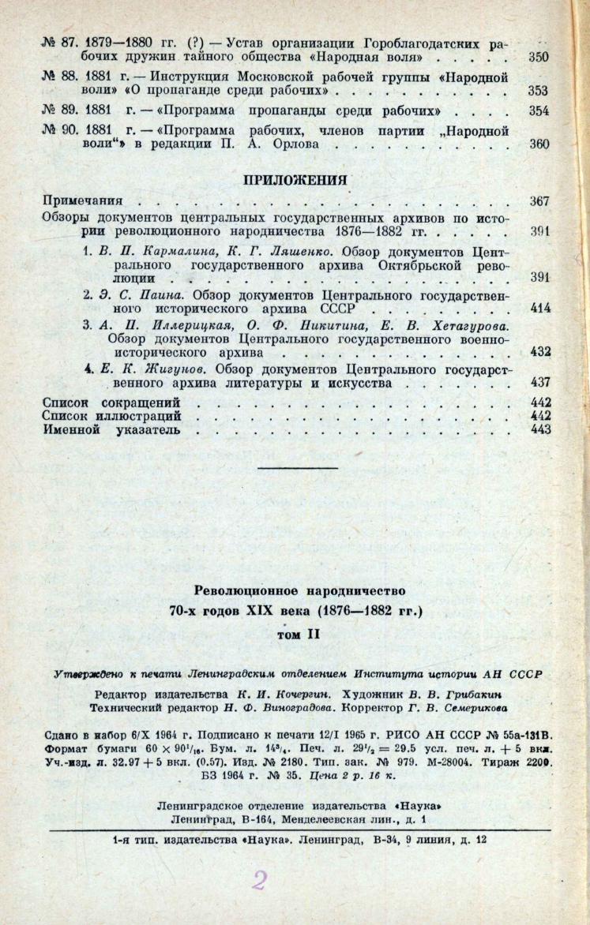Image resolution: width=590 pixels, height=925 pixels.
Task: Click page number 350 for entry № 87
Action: [539, 58]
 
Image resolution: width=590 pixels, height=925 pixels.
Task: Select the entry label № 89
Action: [55, 110]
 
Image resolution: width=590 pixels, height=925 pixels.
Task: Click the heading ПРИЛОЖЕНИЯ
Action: [295, 179]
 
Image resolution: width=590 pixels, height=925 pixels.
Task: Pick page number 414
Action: [539, 308]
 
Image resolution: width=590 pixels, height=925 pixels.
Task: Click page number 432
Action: [539, 351]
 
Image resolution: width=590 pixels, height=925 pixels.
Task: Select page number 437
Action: [539, 382]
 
